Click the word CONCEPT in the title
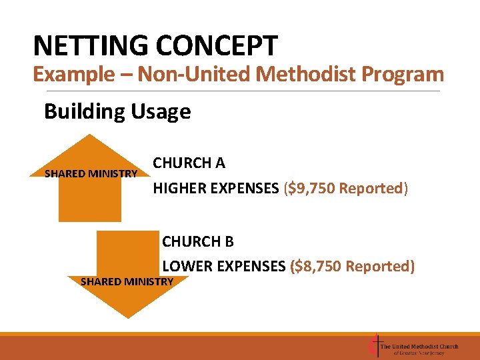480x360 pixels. pos(217,46)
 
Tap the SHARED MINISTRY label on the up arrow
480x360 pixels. pos(91,174)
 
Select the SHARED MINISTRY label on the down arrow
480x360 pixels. pos(127,281)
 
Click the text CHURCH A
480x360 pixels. pos(189,163)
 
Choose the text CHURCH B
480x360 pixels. pos(198,241)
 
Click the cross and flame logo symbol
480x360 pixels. pos(373,346)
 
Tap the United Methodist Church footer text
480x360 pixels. pos(419,346)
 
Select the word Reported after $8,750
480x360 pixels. pos(377,267)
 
